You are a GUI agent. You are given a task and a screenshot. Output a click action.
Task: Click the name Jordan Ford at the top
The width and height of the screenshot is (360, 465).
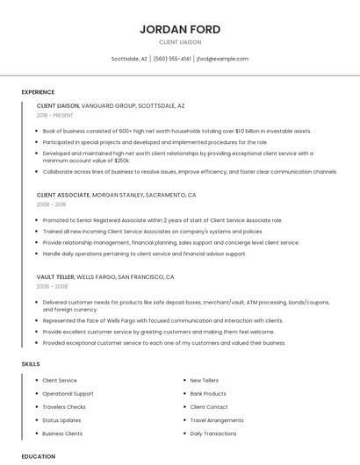[x=180, y=29]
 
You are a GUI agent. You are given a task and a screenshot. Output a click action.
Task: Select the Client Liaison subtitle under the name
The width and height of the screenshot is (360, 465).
[x=180, y=42]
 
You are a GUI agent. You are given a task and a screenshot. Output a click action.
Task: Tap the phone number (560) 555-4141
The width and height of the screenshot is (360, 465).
[x=172, y=59]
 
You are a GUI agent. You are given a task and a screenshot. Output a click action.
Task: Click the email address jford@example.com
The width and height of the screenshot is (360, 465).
[x=222, y=59]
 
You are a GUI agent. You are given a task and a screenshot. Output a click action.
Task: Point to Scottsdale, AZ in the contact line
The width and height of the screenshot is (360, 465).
[x=129, y=59]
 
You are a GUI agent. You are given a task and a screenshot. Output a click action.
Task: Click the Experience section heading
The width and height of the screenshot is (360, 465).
[x=38, y=92]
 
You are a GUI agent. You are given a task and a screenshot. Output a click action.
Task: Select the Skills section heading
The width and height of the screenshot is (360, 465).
[x=31, y=363]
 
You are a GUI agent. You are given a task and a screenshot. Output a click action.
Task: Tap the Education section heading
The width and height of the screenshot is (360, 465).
[x=38, y=456]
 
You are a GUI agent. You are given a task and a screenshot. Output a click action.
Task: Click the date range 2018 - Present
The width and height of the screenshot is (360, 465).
[x=55, y=115]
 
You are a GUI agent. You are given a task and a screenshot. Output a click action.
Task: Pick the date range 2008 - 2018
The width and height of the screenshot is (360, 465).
[x=51, y=204]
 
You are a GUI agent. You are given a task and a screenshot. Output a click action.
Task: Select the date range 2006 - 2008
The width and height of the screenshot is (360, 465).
[x=51, y=286]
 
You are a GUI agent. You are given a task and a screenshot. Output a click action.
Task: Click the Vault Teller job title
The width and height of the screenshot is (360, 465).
[x=55, y=276]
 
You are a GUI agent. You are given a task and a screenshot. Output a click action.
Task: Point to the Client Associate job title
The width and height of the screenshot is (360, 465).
[x=63, y=195]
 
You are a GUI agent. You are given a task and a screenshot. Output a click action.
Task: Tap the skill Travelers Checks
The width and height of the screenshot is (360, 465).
[x=64, y=407]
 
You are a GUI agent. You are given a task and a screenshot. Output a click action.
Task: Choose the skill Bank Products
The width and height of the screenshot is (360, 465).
[x=208, y=394]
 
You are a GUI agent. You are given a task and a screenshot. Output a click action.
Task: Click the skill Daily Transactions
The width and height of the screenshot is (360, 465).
[x=213, y=433]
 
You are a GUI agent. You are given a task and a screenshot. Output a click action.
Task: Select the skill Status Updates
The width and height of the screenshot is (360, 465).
[x=61, y=420]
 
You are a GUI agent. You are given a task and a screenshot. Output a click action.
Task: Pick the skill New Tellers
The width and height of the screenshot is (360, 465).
[x=205, y=381]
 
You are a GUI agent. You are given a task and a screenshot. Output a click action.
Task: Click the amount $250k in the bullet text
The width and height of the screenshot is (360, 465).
[x=122, y=161]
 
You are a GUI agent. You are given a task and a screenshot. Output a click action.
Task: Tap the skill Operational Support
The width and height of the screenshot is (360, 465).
[x=68, y=394]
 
